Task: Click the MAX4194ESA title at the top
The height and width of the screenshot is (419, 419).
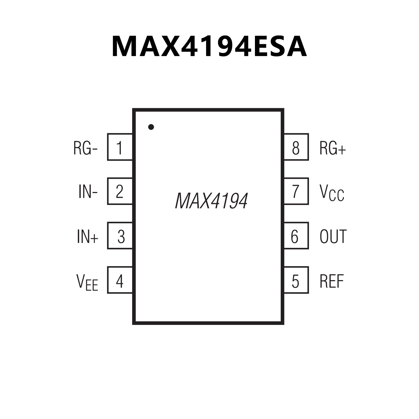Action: (209, 46)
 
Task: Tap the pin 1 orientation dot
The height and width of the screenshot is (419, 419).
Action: (151, 127)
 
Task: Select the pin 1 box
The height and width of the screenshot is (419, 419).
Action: (120, 147)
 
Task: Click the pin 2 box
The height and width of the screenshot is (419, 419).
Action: (120, 191)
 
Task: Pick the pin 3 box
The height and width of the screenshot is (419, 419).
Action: (120, 236)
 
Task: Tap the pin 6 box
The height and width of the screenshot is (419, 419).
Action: (296, 236)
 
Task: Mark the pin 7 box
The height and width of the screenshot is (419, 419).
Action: (296, 191)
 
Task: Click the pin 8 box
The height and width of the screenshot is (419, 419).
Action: (296, 147)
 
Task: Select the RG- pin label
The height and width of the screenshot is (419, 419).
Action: (85, 148)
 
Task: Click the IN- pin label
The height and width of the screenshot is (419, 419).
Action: (88, 192)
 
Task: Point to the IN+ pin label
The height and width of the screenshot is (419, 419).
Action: (87, 236)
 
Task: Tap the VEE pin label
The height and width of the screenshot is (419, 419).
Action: (87, 282)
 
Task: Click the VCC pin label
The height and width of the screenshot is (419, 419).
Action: (332, 193)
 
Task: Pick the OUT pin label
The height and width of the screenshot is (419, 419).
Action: (333, 236)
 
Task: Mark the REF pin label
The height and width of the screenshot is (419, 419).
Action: (332, 281)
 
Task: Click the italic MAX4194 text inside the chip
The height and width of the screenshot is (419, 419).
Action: (211, 201)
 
